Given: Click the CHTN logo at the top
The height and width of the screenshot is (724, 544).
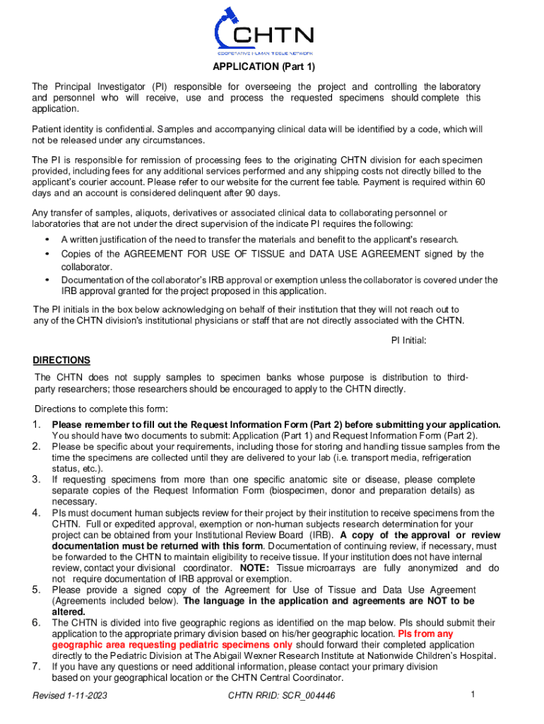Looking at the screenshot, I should [265, 33].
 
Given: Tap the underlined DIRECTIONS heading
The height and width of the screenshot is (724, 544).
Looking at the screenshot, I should [62, 360].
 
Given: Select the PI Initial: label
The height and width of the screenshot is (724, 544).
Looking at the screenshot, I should [409, 341].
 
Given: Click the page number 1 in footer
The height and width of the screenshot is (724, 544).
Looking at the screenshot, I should [472, 694].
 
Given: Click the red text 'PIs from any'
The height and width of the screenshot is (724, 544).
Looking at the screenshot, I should [426, 633].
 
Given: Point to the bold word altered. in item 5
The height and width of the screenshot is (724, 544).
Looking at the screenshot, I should [69, 612].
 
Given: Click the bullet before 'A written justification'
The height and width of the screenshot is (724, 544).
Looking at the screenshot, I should [47, 239].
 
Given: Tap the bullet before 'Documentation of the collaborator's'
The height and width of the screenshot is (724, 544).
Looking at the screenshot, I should [47, 280].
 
